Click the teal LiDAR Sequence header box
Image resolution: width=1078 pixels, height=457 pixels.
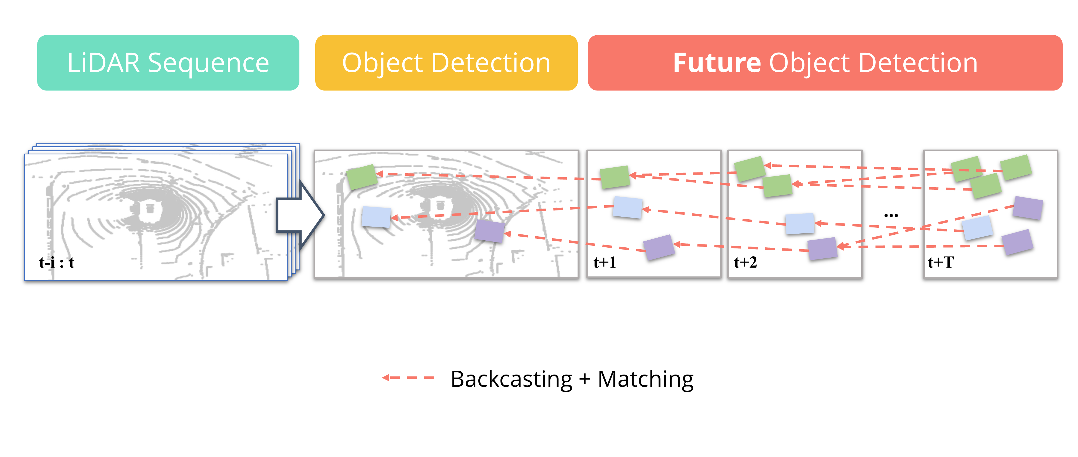click(168, 63)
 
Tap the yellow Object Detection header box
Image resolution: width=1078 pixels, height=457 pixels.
click(446, 63)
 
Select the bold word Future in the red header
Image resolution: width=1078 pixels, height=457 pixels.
click(716, 63)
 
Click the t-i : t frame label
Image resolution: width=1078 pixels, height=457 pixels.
click(57, 262)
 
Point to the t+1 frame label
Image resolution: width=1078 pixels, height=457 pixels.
click(604, 262)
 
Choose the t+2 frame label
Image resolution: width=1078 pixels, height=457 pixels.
click(745, 262)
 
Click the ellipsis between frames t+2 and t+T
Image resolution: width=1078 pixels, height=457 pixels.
click(891, 215)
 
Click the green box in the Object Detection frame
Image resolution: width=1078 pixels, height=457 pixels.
click(362, 176)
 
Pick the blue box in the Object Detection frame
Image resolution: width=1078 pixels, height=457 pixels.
click(376, 217)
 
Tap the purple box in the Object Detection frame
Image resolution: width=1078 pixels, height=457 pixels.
click(490, 231)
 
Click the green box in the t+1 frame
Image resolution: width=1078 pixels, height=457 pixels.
click(614, 176)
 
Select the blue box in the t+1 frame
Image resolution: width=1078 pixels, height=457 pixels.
click(627, 207)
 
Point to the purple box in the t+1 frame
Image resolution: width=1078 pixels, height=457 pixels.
click(659, 247)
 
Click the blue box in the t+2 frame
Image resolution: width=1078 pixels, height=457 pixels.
click(800, 223)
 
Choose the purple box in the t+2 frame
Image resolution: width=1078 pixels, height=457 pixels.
click(822, 249)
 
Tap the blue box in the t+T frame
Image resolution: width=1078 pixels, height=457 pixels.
click(977, 228)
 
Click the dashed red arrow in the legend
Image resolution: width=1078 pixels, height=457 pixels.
click(408, 378)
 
